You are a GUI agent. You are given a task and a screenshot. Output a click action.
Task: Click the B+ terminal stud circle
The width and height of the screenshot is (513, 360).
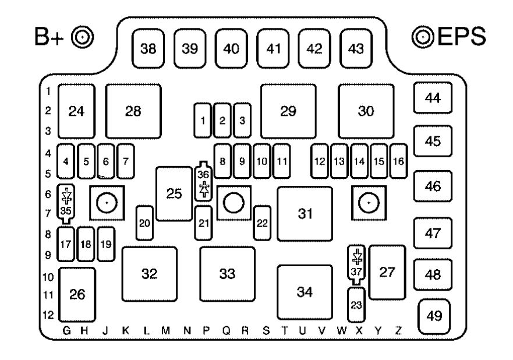point(83,37)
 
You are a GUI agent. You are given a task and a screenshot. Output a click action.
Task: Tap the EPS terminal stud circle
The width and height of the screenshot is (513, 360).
point(423,37)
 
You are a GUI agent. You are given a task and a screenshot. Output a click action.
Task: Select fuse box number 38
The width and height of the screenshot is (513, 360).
point(148,48)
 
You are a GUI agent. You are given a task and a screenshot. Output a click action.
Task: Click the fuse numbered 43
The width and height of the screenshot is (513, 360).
point(356,48)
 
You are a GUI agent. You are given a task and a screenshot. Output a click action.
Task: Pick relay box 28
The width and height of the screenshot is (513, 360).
point(133,111)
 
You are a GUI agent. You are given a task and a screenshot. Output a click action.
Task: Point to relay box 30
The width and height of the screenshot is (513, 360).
point(366,111)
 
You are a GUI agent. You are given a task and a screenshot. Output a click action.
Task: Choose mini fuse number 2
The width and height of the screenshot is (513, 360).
point(222,121)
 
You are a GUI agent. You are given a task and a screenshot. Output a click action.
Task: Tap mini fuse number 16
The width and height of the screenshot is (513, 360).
point(398,161)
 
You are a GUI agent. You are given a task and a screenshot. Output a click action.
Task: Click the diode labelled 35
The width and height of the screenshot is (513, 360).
point(66,204)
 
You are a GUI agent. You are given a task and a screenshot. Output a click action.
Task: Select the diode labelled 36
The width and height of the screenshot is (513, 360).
point(203,181)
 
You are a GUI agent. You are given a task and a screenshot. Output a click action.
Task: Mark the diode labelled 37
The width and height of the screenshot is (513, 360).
point(356,265)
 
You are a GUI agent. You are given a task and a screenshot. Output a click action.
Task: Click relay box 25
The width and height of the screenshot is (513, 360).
point(174,194)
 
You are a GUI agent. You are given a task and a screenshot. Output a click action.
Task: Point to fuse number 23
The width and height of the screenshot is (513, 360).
point(356,305)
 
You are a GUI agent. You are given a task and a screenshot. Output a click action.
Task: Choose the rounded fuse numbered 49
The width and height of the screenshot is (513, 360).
point(434,316)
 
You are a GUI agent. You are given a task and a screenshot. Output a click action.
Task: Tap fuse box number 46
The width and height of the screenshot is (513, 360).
point(433,186)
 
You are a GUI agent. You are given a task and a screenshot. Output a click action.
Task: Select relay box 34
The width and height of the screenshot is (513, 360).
point(305,292)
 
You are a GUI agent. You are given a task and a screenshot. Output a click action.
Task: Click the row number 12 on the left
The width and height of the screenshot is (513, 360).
point(48,315)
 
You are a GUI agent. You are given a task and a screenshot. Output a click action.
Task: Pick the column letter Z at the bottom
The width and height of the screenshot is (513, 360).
point(398,330)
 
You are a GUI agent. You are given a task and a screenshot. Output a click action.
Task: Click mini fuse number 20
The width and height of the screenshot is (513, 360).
point(144,223)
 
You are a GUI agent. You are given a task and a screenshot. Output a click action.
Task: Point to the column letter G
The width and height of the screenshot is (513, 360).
point(66,330)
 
